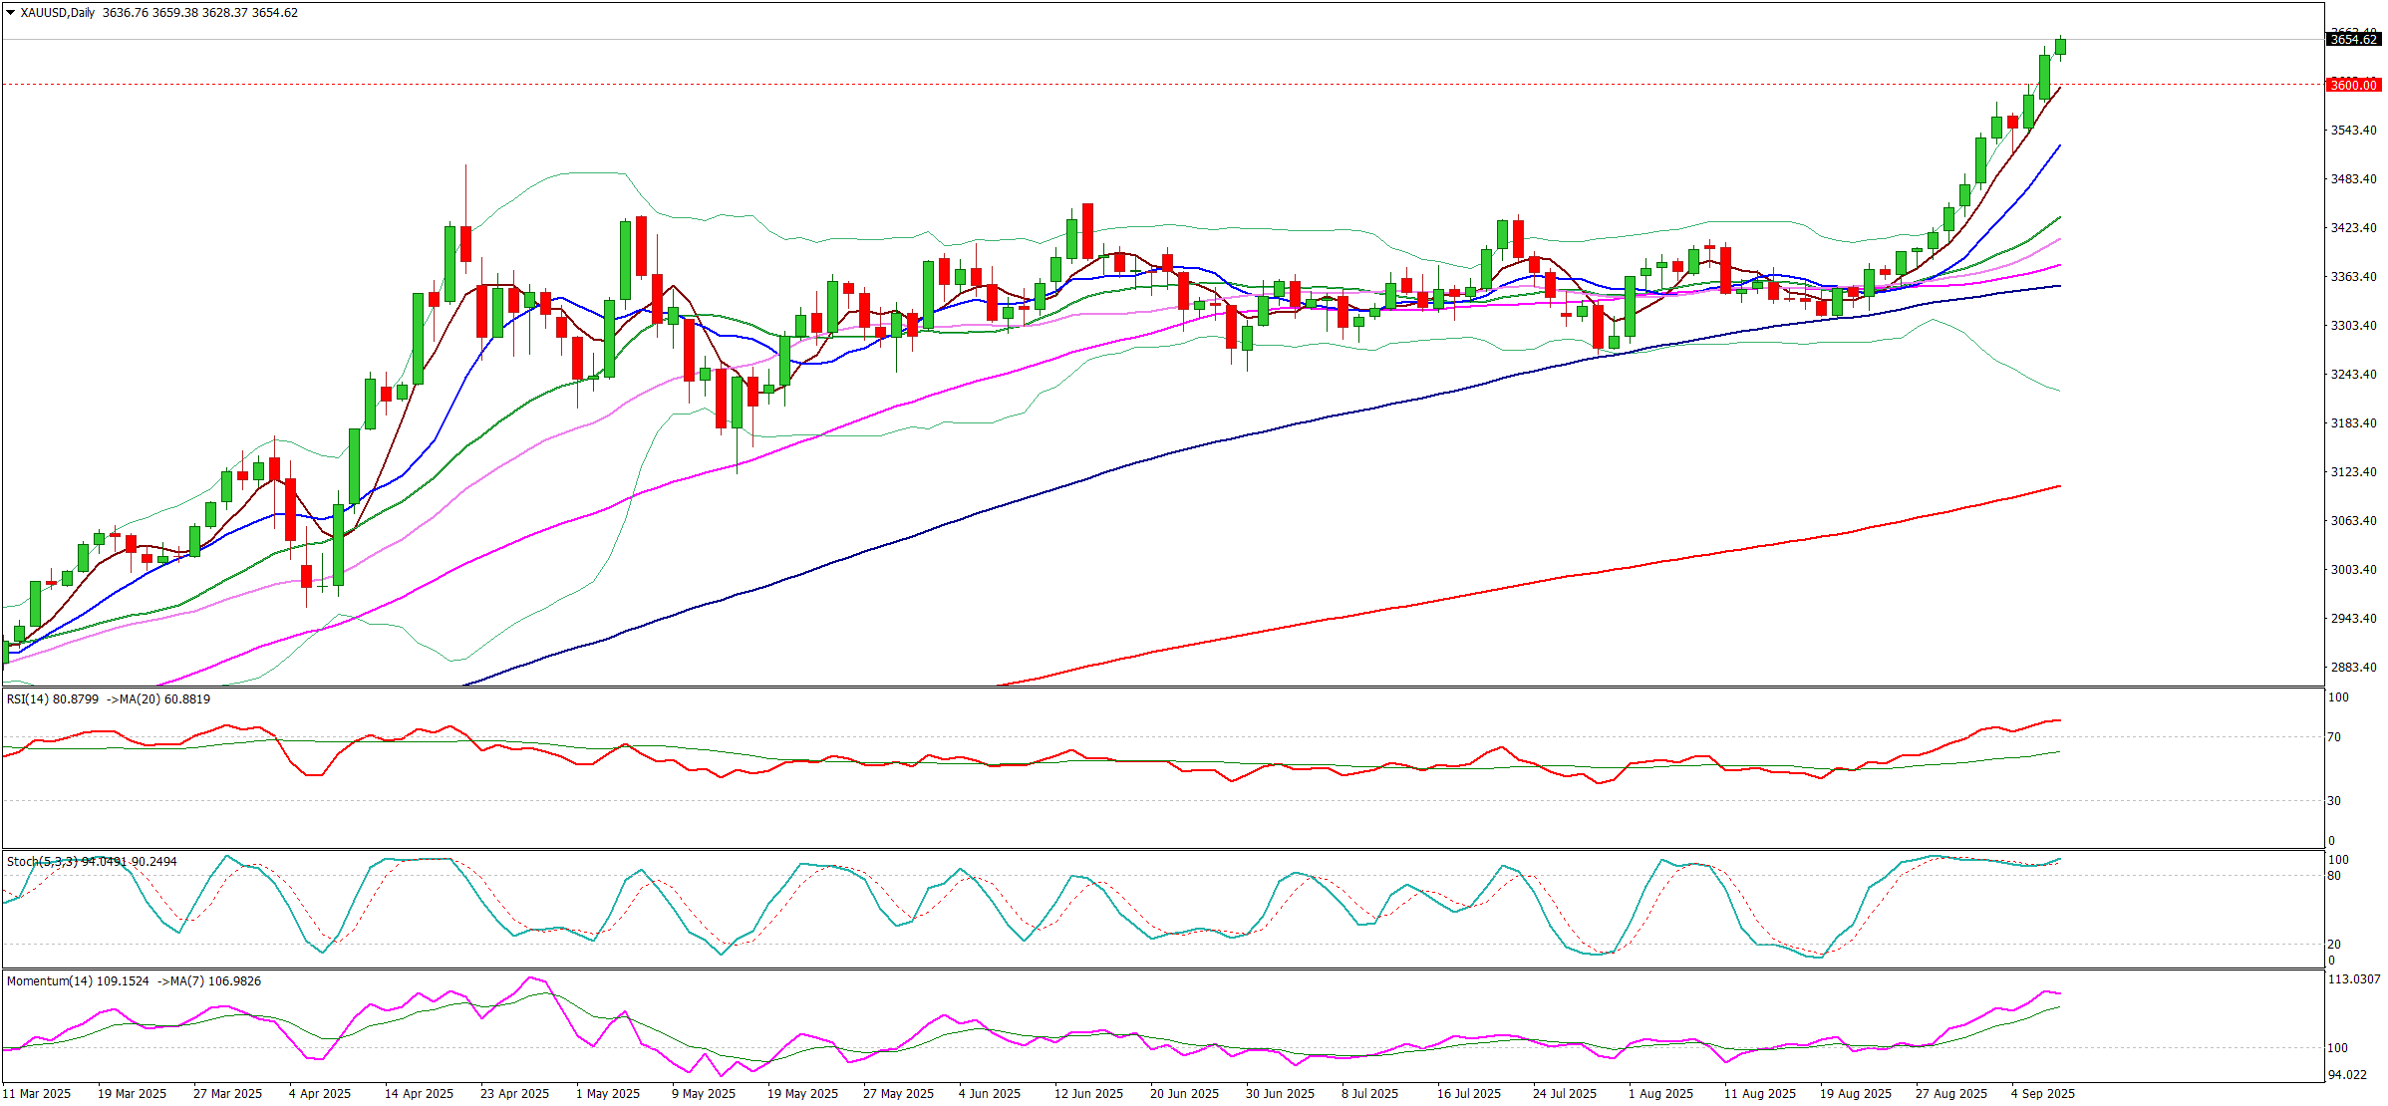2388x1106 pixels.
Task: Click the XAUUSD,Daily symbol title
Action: [x=57, y=13]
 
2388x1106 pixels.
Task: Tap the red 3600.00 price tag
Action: [x=2353, y=85]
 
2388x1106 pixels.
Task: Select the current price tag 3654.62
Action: [x=2353, y=40]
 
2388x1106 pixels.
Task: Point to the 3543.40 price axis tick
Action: [x=2352, y=131]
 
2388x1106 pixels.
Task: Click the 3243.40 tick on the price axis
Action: [x=2352, y=375]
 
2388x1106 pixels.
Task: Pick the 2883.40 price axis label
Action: [x=2352, y=668]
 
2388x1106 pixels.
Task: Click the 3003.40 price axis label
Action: [x=2352, y=570]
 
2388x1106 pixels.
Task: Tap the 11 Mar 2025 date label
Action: [x=36, y=1094]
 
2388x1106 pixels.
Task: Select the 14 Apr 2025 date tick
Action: [x=419, y=1094]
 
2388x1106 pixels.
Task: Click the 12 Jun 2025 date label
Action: [x=1088, y=1094]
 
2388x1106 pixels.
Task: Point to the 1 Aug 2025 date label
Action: [x=1660, y=1094]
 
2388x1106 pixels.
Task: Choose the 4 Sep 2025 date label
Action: [x=2042, y=1094]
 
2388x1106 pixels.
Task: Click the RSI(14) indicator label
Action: [x=27, y=699]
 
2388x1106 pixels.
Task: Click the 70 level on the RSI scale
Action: [x=2333, y=737]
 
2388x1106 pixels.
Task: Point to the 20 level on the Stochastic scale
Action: [x=2333, y=945]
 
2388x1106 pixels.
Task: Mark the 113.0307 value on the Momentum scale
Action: [x=2353, y=979]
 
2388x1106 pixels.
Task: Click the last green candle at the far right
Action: [x=2060, y=47]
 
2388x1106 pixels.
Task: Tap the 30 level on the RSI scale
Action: [x=2333, y=801]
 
